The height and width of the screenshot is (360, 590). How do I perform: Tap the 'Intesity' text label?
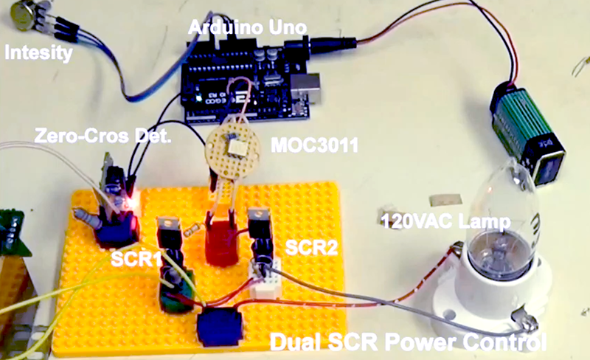pyautogui.click(x=39, y=52)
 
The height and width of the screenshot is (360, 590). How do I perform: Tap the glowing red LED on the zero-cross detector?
pyautogui.click(x=133, y=200)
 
